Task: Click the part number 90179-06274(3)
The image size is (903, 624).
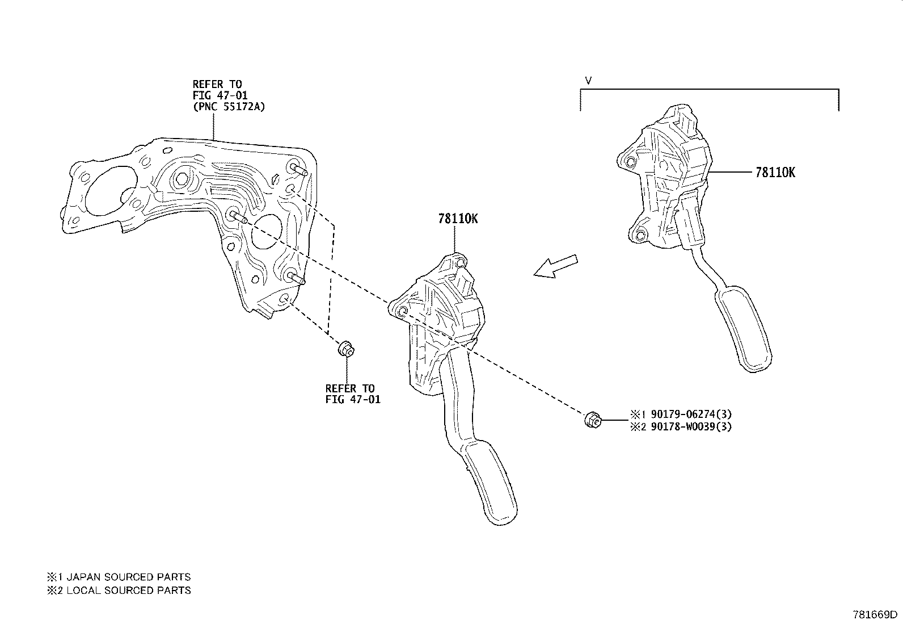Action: point(691,414)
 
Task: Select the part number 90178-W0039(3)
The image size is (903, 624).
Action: point(691,426)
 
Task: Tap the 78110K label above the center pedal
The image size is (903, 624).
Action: point(458,219)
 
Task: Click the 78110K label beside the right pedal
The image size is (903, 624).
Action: point(775,173)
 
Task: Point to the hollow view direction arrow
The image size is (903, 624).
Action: point(555,266)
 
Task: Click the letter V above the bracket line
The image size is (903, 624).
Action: point(588,81)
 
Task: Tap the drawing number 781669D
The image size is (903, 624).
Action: point(875,614)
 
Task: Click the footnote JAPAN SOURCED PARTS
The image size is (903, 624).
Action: point(129,577)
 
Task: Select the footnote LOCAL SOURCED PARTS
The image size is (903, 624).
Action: point(129,590)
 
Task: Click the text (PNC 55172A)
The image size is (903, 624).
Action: point(229,107)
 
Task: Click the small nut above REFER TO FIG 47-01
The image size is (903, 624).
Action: point(347,349)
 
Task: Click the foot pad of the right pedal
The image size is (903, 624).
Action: point(744,329)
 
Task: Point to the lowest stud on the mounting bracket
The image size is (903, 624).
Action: point(296,278)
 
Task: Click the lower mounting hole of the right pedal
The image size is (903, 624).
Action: point(640,236)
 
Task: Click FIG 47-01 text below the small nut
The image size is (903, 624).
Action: point(353,400)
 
